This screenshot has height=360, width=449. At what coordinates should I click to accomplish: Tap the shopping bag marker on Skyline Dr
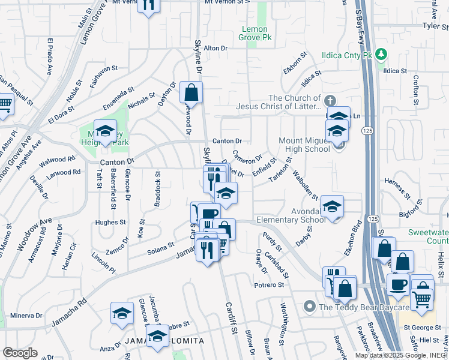tap(191, 93)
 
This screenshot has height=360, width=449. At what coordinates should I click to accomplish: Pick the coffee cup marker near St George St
tap(398, 284)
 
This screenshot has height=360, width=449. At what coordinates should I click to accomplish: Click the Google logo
tap(20, 352)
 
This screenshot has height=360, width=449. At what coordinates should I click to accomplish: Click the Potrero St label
tap(268, 284)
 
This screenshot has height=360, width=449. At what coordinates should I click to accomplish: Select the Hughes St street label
tap(112, 222)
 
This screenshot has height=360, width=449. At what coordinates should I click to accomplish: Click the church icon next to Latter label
tap(329, 101)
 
